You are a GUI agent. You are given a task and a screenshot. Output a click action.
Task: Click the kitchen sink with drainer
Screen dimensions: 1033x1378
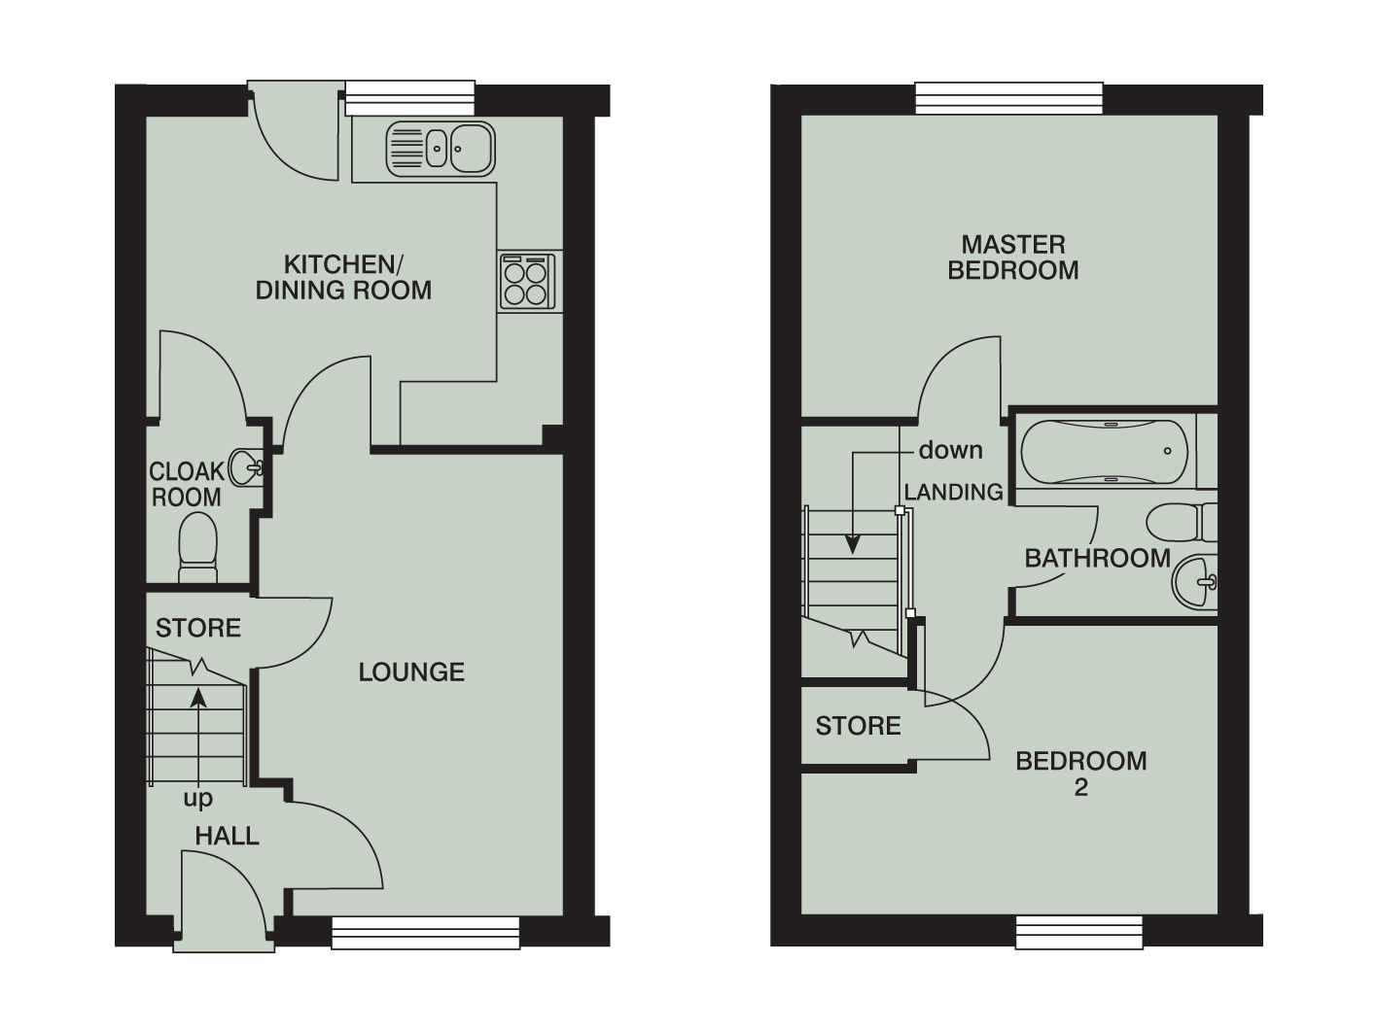coord(442,150)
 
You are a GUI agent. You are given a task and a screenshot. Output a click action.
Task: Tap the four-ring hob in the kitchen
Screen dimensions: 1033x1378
coord(526,282)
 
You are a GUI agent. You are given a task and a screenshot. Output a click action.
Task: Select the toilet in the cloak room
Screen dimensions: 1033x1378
coord(197,546)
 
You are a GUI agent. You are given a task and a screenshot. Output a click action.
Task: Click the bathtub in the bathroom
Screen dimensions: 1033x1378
coord(1104,452)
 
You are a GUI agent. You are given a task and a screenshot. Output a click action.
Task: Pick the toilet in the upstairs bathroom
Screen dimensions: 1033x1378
coord(1179,523)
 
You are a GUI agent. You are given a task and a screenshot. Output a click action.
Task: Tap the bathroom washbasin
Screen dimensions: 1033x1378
coord(1193,583)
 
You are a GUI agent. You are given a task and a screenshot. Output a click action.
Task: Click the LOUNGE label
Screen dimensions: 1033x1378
coord(411,671)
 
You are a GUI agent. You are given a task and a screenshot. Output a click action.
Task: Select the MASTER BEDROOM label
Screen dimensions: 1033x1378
coord(1012,258)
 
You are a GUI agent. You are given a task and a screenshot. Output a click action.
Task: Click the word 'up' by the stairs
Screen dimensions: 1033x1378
coord(197,799)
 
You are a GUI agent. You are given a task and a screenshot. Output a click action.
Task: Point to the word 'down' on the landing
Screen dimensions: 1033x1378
coord(950,450)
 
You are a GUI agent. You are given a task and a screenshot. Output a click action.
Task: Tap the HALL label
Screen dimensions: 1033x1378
coord(227,836)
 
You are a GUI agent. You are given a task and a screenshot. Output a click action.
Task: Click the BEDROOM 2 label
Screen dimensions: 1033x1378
coord(1080,774)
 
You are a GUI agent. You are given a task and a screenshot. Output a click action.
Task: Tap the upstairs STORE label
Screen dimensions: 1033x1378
coord(858,726)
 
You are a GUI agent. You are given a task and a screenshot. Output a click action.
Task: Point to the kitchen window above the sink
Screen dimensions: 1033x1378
coord(409,97)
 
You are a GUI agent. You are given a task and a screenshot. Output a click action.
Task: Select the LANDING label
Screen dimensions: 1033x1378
coord(953,493)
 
